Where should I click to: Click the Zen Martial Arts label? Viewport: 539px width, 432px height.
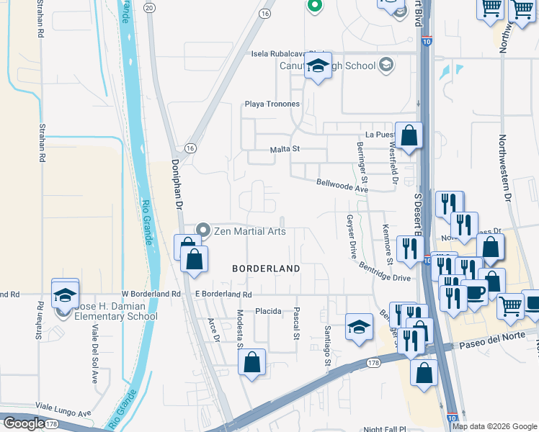click(250, 231)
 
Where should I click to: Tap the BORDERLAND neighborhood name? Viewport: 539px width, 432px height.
click(265, 268)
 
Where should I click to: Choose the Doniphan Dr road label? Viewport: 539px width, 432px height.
click(177, 185)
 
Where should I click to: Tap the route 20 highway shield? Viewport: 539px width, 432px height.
click(149, 6)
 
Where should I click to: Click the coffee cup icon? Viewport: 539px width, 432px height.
click(473, 292)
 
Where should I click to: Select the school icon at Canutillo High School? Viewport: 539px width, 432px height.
click(316, 66)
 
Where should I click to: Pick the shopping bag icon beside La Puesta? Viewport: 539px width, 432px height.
click(409, 135)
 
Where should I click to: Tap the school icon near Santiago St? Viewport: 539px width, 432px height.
click(358, 326)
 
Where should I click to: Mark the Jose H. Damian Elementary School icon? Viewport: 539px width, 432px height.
click(65, 294)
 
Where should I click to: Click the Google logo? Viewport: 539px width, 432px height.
click(24, 423)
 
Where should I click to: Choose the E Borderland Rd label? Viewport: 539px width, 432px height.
click(223, 294)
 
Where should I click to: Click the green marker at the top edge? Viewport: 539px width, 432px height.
click(313, 5)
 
